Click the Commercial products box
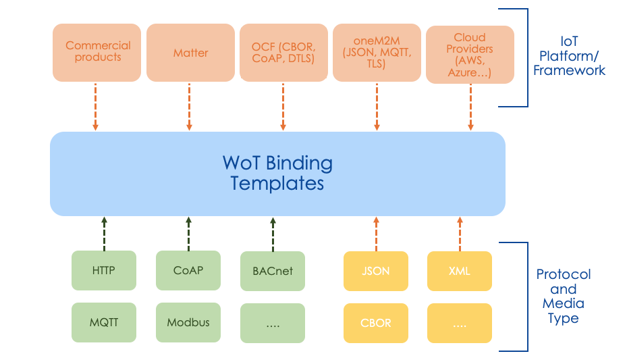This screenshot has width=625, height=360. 98,52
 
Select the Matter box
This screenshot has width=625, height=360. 190,52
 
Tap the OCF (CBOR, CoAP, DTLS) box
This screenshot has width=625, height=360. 283,52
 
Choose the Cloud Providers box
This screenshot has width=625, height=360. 470,54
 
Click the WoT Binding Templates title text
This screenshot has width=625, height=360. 277,173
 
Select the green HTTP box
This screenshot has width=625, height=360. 104,271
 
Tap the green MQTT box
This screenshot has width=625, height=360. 104,322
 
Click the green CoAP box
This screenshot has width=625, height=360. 188,271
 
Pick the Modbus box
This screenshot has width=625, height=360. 188,322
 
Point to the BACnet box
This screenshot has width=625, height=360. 273,272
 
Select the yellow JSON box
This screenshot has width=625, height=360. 376,272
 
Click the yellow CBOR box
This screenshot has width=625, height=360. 376,323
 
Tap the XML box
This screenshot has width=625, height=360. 460,272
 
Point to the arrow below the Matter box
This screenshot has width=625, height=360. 189,106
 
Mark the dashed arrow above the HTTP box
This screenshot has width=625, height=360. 104,233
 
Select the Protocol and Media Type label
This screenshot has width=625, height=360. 563,296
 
